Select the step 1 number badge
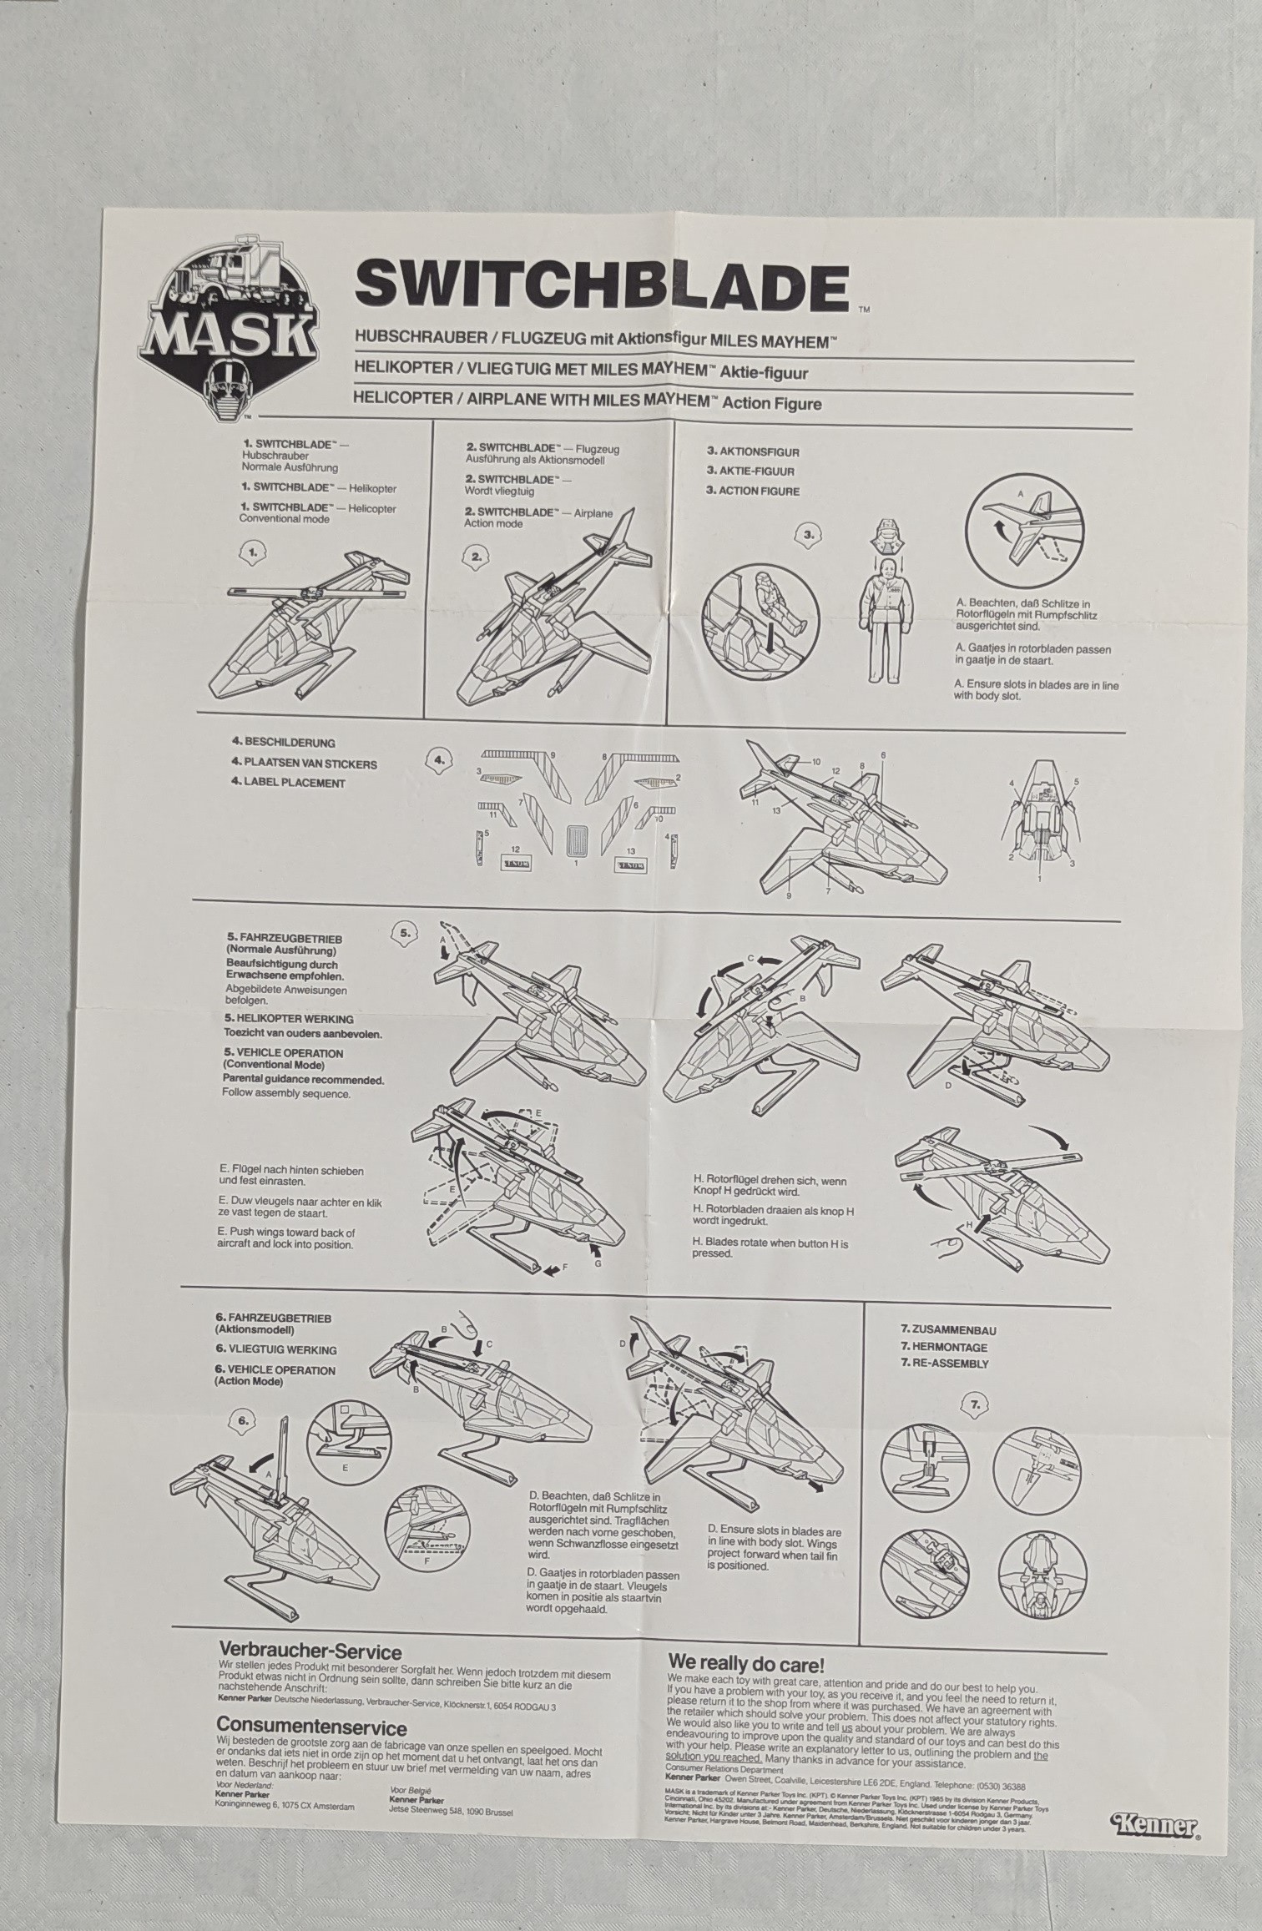pyautogui.click(x=254, y=552)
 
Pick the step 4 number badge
pyautogui.click(x=439, y=759)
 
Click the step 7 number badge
pyautogui.click(x=975, y=1404)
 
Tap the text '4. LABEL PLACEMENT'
pyautogui.click(x=288, y=783)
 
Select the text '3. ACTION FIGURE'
pyautogui.click(x=753, y=491)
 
